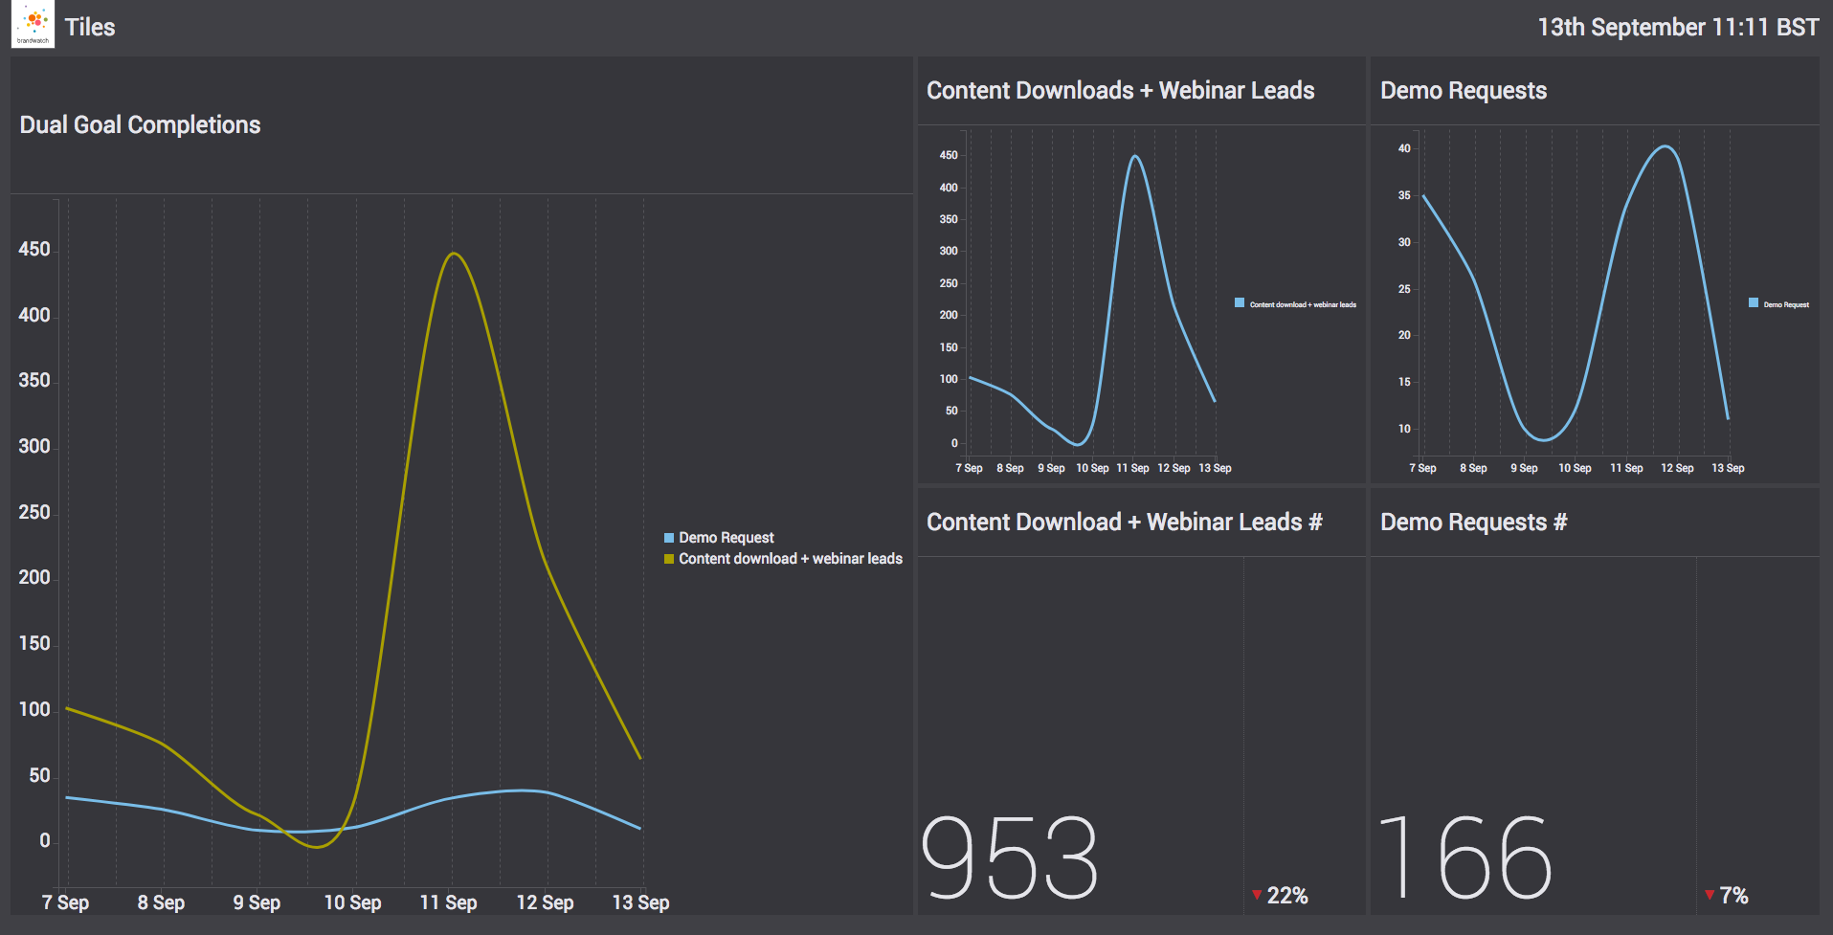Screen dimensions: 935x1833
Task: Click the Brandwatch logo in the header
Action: [x=33, y=26]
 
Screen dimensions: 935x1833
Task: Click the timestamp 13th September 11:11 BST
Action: [x=1677, y=27]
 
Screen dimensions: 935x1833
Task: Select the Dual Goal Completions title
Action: [x=140, y=125]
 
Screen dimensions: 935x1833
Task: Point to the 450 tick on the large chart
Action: [x=34, y=250]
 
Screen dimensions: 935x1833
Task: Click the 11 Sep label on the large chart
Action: [x=448, y=902]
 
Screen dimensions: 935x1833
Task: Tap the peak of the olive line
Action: [x=454, y=254]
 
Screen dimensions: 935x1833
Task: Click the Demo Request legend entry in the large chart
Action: [x=726, y=538]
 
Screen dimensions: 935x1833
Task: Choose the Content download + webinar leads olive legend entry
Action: [x=790, y=559]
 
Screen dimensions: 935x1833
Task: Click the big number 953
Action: [x=1010, y=857]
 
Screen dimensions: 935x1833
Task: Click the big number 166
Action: [x=1464, y=857]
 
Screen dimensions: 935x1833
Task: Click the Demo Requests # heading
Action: [x=1473, y=523]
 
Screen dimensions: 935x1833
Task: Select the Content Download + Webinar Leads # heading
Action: [x=1124, y=523]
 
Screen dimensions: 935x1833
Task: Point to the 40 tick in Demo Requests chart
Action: [x=1404, y=148]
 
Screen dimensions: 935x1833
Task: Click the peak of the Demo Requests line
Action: [x=1665, y=146]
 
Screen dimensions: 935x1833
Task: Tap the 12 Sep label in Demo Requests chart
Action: [x=1677, y=468]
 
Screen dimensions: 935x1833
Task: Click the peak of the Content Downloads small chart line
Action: [x=1134, y=156]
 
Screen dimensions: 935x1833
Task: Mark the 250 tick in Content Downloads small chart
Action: [x=948, y=283]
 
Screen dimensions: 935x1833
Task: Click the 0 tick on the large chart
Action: [x=44, y=841]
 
